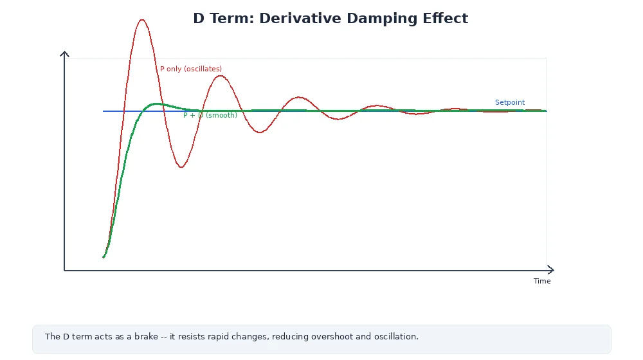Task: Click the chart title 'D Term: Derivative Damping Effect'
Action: (x=331, y=19)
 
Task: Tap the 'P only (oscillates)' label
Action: (x=191, y=69)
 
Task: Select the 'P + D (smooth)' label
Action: (x=210, y=115)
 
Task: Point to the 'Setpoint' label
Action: (x=510, y=102)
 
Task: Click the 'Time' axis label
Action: (x=542, y=281)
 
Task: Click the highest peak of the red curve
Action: (x=142, y=20)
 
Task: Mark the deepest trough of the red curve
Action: (x=181, y=167)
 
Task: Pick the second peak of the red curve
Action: (x=221, y=76)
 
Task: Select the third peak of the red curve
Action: (x=298, y=97)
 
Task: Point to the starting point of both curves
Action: (x=104, y=257)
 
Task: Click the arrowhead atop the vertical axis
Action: (x=64, y=53)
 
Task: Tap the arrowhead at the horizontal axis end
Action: (x=551, y=270)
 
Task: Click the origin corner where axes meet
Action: (x=64, y=270)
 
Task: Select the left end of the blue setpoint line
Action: (x=104, y=111)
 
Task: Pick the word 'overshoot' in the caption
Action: (x=333, y=336)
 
